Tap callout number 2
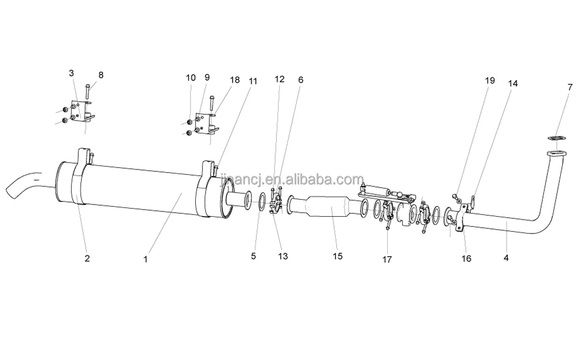click(87, 259)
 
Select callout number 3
click(71, 73)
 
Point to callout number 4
click(506, 257)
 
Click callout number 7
click(570, 87)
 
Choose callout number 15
click(337, 256)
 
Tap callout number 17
click(387, 260)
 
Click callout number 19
click(490, 80)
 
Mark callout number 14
click(512, 83)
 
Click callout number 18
click(234, 79)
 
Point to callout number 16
click(466, 259)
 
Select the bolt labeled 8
click(87, 92)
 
